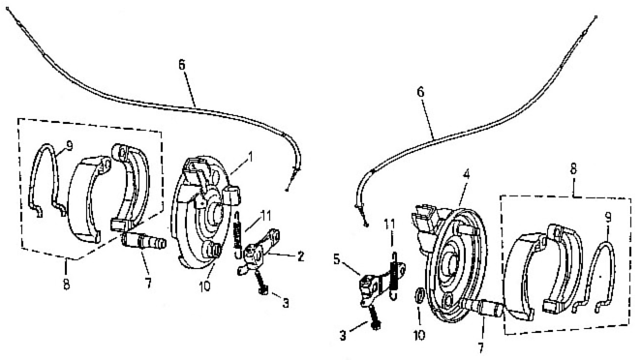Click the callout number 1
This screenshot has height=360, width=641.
click(x=250, y=157)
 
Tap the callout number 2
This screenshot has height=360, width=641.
click(x=300, y=256)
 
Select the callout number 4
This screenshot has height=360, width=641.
click(x=466, y=174)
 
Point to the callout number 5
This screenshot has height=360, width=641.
click(x=337, y=260)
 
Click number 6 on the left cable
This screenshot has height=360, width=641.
click(x=182, y=65)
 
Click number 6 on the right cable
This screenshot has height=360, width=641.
click(x=420, y=92)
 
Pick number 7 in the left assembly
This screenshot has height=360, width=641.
click(x=148, y=283)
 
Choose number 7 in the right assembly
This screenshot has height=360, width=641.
click(x=480, y=348)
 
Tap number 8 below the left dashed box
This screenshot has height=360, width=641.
click(x=66, y=284)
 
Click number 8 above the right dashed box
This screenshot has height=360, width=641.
click(x=573, y=168)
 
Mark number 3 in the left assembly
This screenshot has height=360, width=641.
click(x=286, y=303)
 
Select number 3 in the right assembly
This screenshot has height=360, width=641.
click(x=343, y=336)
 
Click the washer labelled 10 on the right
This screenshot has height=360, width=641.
click(x=419, y=296)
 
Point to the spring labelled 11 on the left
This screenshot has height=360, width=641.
click(x=237, y=235)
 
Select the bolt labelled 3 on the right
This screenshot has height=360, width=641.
click(x=374, y=317)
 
